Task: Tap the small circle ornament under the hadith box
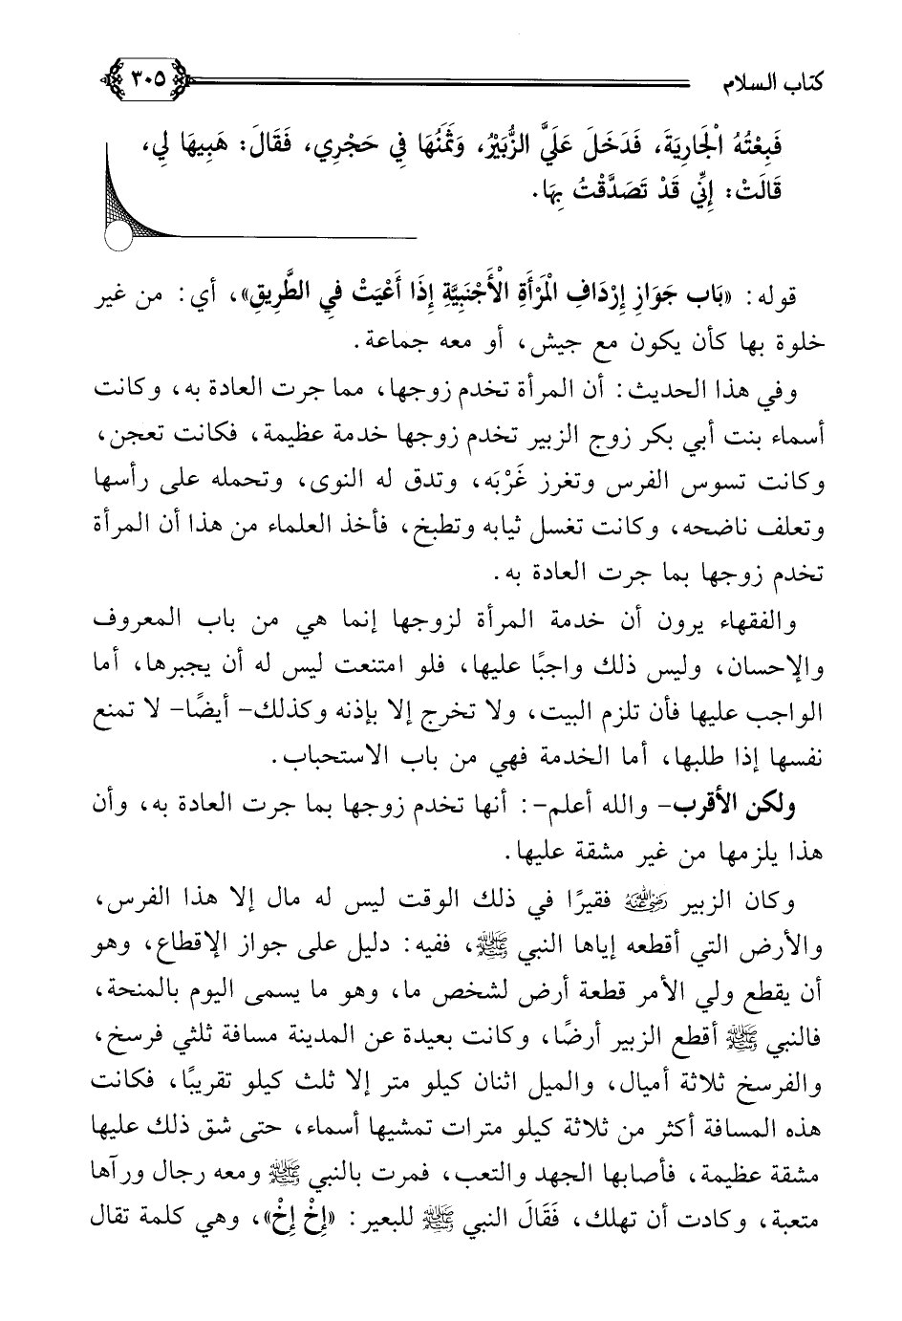[118, 236]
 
